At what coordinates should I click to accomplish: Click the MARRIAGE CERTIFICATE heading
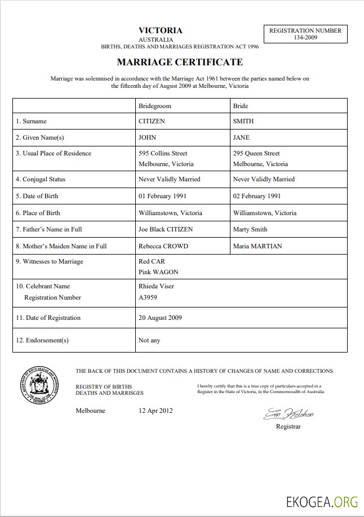(180, 62)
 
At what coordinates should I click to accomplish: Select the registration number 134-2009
(305, 37)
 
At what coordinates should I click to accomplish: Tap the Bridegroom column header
(155, 106)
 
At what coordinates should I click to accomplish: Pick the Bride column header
(241, 106)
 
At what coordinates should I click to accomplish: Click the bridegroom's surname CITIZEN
(152, 121)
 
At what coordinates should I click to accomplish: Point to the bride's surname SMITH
(243, 121)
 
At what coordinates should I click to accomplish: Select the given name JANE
(241, 137)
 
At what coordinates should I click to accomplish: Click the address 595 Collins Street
(163, 153)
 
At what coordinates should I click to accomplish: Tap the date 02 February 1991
(257, 196)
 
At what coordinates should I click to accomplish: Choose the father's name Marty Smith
(250, 229)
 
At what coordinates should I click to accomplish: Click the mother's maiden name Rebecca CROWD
(163, 246)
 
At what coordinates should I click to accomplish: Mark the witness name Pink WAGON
(158, 272)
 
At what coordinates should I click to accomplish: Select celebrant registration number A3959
(148, 297)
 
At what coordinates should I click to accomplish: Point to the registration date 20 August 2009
(161, 318)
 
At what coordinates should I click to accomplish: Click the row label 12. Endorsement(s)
(42, 340)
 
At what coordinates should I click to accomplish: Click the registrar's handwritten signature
(288, 415)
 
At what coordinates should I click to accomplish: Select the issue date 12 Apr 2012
(156, 411)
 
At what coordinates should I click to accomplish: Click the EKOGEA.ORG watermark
(322, 501)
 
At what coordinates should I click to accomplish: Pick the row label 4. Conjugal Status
(41, 179)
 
